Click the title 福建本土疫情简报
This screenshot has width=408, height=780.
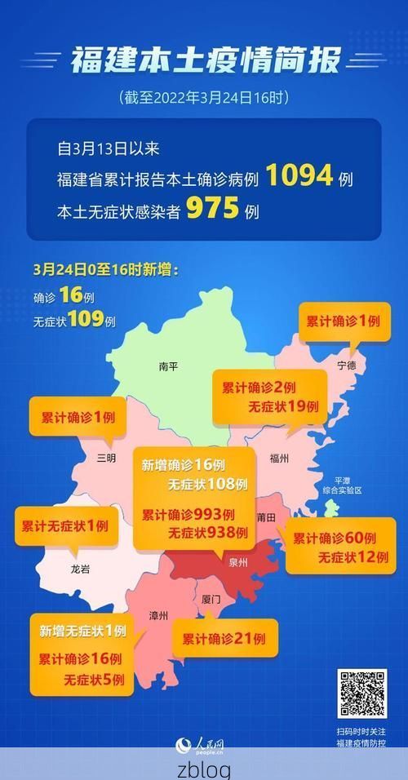click(204, 60)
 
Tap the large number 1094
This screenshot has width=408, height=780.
click(299, 175)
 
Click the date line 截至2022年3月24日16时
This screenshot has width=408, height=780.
click(204, 98)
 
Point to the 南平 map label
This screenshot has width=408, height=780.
click(169, 367)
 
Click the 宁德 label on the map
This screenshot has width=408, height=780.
click(346, 366)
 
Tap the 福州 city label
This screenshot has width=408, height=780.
click(278, 459)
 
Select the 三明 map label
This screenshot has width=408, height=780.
click(106, 458)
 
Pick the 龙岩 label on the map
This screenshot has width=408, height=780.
click(80, 569)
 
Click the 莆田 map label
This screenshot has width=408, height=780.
click(266, 517)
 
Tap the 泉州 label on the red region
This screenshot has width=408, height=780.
click(238, 562)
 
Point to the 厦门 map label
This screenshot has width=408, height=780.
click(211, 599)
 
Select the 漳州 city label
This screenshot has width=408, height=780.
click(159, 614)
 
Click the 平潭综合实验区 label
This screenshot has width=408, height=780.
click(341, 485)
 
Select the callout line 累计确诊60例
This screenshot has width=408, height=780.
click(334, 538)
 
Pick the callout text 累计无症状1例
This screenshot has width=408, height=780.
click(64, 526)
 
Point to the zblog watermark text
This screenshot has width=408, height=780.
click(204, 769)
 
